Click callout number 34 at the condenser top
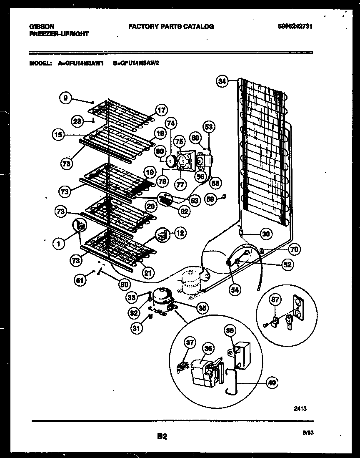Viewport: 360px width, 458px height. tap(222, 82)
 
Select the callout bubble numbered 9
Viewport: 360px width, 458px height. tap(65, 98)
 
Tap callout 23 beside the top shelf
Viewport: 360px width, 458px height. tap(77, 121)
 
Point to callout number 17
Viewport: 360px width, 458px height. tap(161, 111)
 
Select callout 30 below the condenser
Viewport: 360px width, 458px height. tap(265, 234)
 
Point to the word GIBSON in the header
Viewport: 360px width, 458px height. tap(42, 26)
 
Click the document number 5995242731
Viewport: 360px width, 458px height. tap(295, 26)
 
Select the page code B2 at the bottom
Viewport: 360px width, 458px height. tap(162, 437)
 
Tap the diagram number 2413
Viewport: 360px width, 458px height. tap(299, 409)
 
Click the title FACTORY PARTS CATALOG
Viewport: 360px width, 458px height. tap(171, 26)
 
